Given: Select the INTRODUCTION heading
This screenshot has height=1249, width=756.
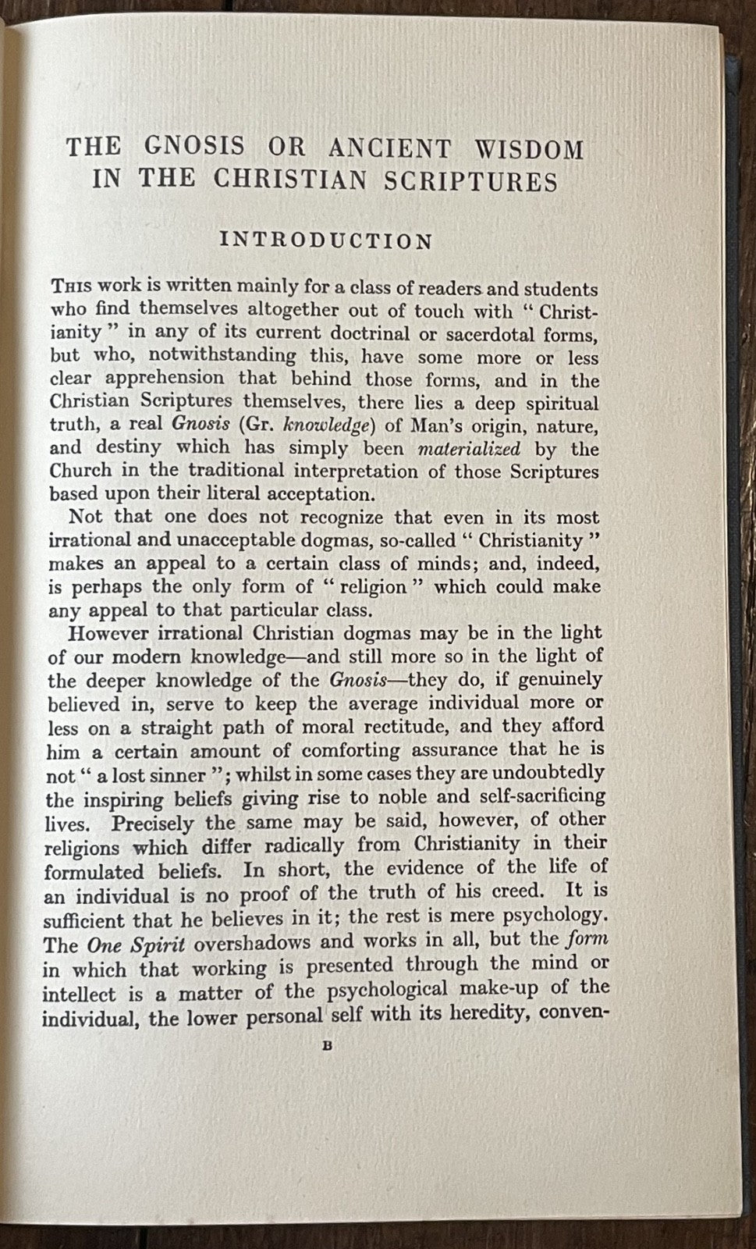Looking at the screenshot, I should [x=326, y=240].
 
